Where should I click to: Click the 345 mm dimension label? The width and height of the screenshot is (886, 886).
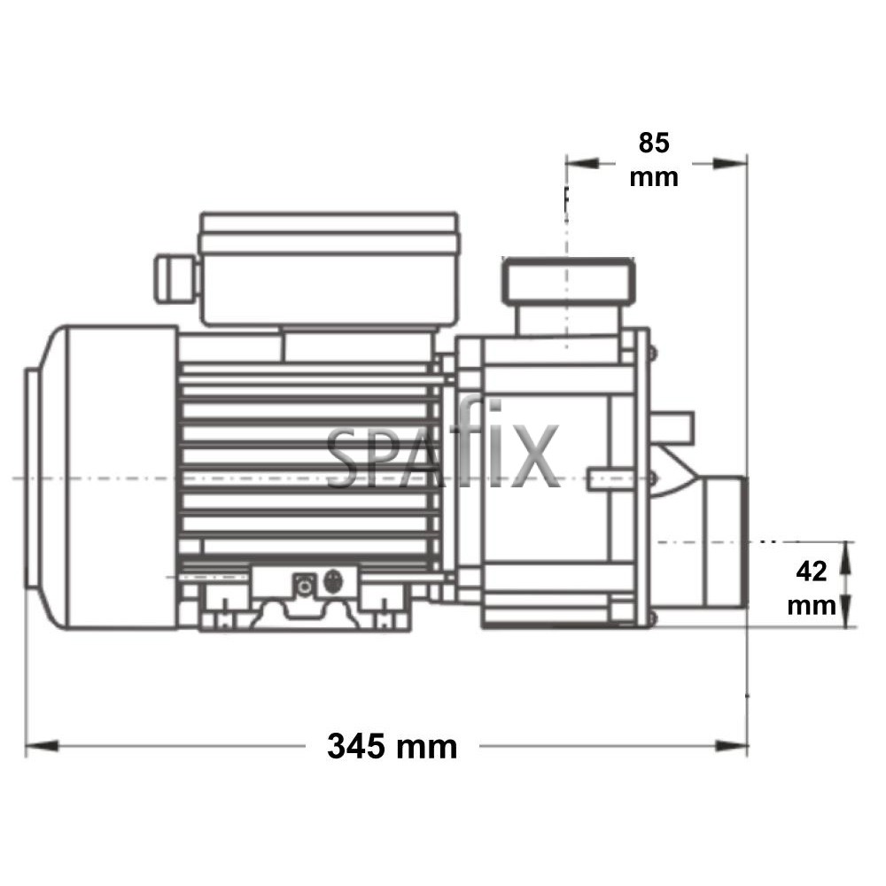tap(392, 746)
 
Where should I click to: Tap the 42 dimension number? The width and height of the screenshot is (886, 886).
tap(812, 571)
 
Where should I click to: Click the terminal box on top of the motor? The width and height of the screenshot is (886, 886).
tap(327, 266)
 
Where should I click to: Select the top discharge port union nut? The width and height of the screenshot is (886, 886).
tap(569, 279)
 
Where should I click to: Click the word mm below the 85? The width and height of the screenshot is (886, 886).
tap(654, 176)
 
